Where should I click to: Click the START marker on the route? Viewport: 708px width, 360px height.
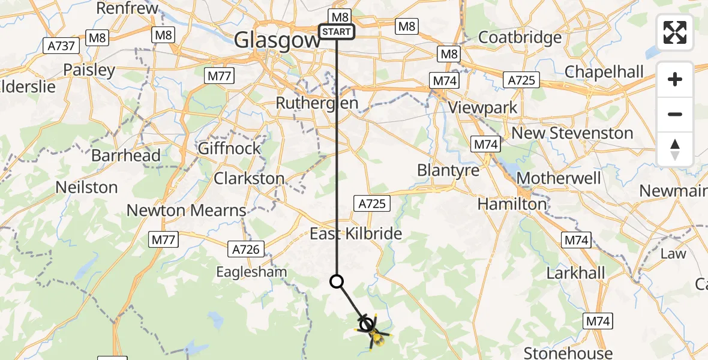(x=337, y=32)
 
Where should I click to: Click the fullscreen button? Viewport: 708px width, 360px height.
(x=675, y=32)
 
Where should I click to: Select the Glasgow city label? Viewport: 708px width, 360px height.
(x=277, y=40)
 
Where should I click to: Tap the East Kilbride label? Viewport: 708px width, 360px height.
(x=356, y=234)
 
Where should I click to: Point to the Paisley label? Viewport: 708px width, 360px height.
(x=89, y=70)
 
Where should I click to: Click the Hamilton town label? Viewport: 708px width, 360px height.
(x=512, y=204)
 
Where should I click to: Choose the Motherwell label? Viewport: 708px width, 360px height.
(x=558, y=178)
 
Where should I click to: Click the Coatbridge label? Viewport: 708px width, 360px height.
(x=520, y=37)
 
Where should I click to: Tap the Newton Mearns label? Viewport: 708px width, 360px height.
(x=187, y=211)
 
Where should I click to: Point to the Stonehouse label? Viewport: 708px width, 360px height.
(x=568, y=353)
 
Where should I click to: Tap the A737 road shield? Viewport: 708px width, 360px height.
(x=62, y=45)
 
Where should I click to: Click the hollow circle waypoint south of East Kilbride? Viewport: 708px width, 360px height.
(x=337, y=281)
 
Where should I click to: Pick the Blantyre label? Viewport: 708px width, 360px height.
(x=448, y=170)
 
